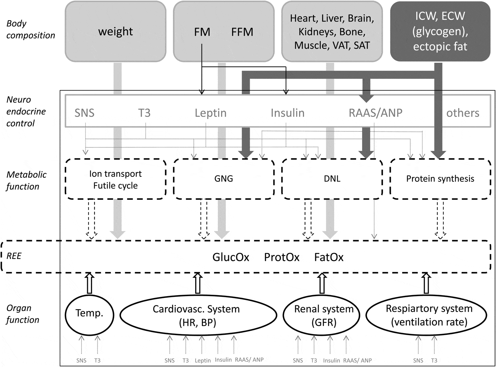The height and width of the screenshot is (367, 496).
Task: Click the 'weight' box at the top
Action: [115, 31]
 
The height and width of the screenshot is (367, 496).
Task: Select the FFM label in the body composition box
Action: [242, 32]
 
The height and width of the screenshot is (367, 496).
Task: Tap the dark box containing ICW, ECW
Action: [440, 31]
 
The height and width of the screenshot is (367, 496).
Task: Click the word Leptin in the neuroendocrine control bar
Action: [210, 113]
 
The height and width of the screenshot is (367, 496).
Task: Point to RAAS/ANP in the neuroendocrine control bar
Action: [376, 113]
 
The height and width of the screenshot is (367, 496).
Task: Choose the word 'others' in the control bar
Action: [462, 113]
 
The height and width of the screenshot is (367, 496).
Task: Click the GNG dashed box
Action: [224, 179]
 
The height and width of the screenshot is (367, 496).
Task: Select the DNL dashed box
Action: [332, 179]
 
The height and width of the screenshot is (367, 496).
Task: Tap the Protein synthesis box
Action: [440, 179]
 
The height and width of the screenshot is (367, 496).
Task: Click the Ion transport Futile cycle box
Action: [115, 179]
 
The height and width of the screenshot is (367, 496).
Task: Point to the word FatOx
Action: [329, 257]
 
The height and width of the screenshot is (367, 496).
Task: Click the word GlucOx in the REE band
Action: [231, 257]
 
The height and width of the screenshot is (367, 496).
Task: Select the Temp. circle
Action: [89, 314]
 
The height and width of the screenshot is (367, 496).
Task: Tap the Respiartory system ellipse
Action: [429, 315]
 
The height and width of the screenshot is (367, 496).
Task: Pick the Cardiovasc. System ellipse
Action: [198, 315]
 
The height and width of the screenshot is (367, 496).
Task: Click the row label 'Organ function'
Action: [22, 314]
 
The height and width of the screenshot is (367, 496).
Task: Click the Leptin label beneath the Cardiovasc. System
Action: [203, 360]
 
